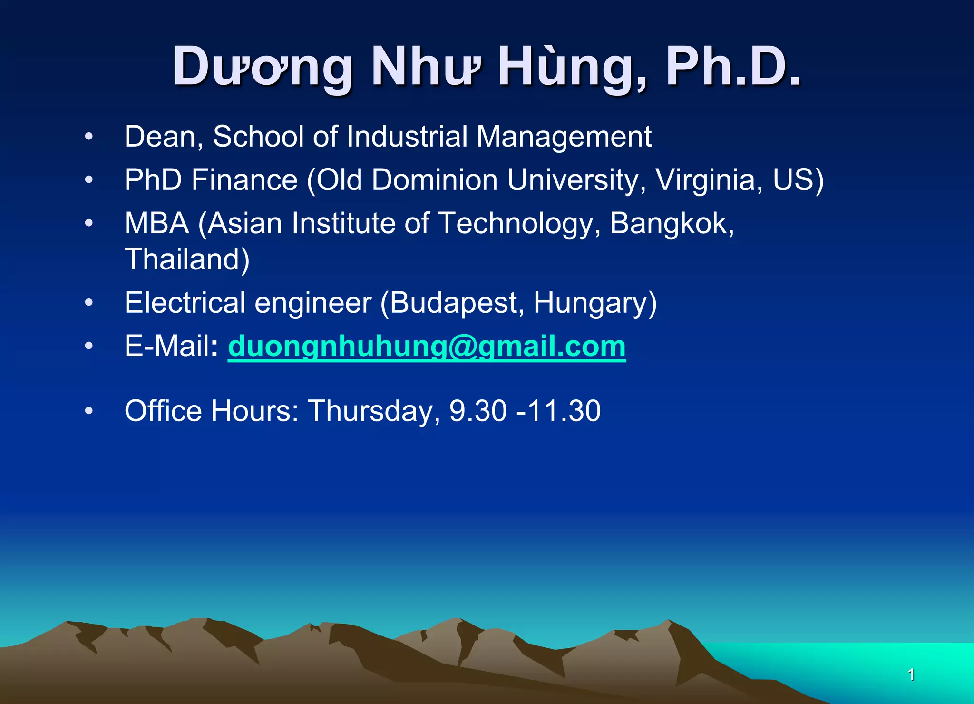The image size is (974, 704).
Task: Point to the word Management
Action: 564,137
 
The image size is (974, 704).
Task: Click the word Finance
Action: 244,180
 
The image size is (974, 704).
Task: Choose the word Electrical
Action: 185,303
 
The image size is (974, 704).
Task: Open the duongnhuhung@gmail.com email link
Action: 427,347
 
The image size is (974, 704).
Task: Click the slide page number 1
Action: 911,674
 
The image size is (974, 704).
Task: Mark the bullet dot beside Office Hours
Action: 89,411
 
